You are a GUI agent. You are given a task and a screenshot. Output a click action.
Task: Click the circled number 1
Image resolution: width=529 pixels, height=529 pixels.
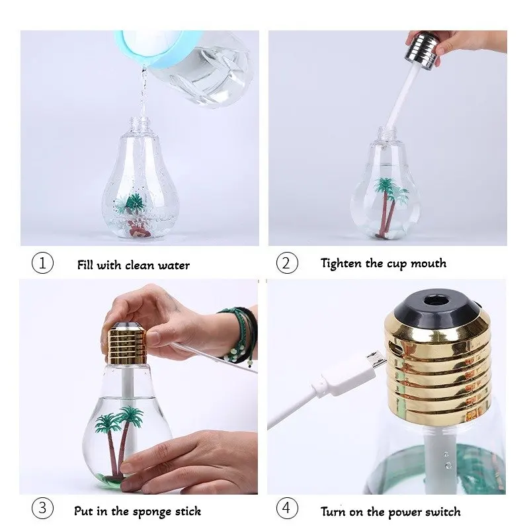42,264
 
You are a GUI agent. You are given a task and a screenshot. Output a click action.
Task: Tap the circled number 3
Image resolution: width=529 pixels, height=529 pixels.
42,509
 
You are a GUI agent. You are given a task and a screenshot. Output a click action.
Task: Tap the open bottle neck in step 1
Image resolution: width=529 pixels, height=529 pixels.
139,124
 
